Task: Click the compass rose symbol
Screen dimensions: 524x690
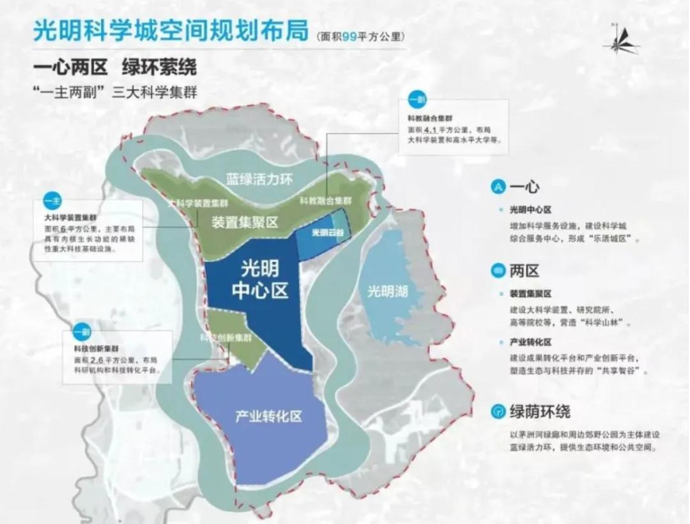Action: pyautogui.click(x=618, y=40)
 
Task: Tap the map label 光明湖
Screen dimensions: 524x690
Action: pyautogui.click(x=387, y=291)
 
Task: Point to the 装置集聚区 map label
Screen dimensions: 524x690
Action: pyautogui.click(x=245, y=222)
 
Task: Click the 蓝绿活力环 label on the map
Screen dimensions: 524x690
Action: pyautogui.click(x=259, y=180)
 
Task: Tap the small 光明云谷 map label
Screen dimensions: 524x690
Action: pyautogui.click(x=323, y=233)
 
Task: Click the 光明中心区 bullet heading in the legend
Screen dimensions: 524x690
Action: pyautogui.click(x=530, y=209)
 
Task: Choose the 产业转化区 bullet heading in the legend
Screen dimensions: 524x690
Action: pyautogui.click(x=530, y=342)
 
